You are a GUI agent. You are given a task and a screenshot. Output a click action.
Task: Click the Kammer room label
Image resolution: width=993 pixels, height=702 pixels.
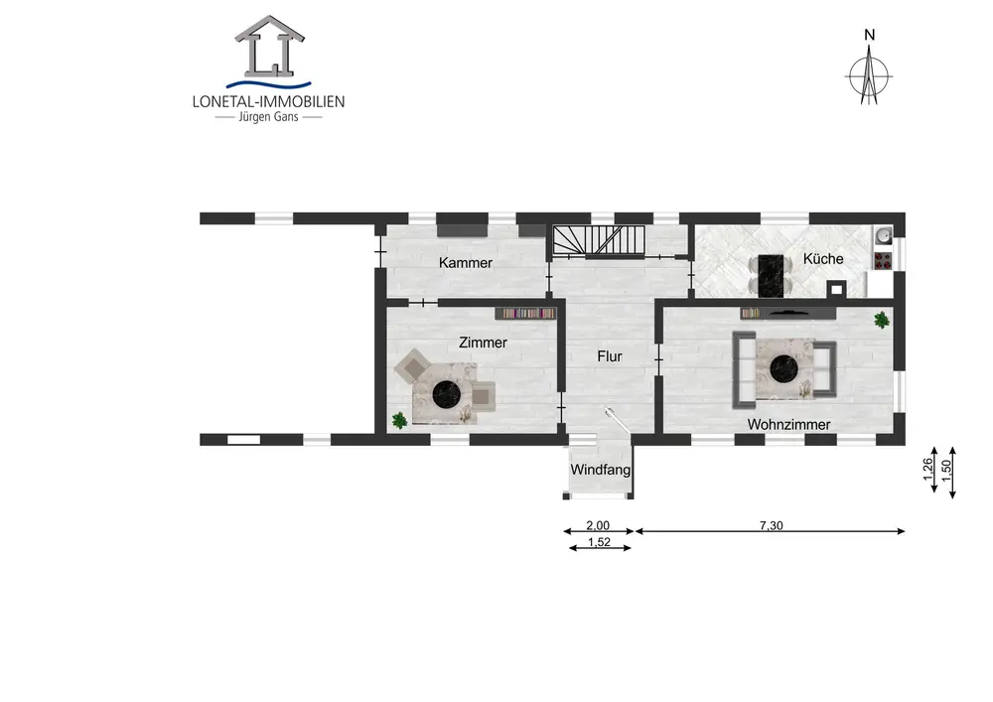point(466,263)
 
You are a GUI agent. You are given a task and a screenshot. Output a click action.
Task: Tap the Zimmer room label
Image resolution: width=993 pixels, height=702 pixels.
point(483,343)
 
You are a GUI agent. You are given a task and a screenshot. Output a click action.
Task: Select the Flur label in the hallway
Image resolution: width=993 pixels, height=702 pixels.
point(610,356)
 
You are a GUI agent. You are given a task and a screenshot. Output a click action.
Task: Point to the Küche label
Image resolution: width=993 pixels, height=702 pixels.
point(823,258)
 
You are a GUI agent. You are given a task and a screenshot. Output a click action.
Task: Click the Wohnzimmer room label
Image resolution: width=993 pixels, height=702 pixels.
point(788,425)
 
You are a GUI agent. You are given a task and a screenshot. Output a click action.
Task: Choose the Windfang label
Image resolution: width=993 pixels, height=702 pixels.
point(600,470)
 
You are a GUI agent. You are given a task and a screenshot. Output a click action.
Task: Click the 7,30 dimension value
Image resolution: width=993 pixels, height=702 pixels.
point(771,525)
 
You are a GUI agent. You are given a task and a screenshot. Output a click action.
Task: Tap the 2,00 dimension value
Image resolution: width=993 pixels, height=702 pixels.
point(598,525)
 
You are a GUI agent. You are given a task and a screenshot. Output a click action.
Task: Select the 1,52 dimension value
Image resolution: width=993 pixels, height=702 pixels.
point(599,542)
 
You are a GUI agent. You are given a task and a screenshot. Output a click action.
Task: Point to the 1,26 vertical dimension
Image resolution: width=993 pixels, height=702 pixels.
point(927,469)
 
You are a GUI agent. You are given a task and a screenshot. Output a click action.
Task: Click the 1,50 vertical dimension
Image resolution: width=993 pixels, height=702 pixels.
point(946,471)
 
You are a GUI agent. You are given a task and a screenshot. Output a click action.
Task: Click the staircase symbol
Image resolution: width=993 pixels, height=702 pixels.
point(599,240)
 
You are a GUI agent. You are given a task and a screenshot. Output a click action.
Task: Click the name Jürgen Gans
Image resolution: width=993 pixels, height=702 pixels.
point(268,116)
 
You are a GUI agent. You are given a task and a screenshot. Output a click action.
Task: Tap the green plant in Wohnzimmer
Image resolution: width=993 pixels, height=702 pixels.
point(881,320)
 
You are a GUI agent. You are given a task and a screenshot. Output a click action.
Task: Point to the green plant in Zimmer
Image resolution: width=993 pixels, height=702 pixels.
point(399,420)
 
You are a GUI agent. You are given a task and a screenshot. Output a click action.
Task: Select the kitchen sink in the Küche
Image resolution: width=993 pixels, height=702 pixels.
point(883,235)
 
